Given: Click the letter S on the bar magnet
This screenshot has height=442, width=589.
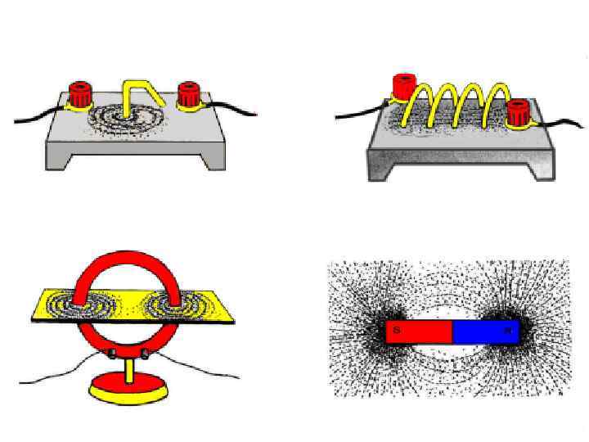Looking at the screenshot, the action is [396, 331].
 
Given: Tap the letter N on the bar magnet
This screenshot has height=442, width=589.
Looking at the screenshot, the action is [508, 331].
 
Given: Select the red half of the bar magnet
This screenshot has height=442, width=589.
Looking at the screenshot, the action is [419, 331].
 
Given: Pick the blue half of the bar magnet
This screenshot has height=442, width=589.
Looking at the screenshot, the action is [486, 331].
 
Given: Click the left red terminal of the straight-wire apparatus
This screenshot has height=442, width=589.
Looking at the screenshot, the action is [79, 94].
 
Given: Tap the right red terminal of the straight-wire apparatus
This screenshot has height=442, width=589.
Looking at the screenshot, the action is [190, 94].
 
